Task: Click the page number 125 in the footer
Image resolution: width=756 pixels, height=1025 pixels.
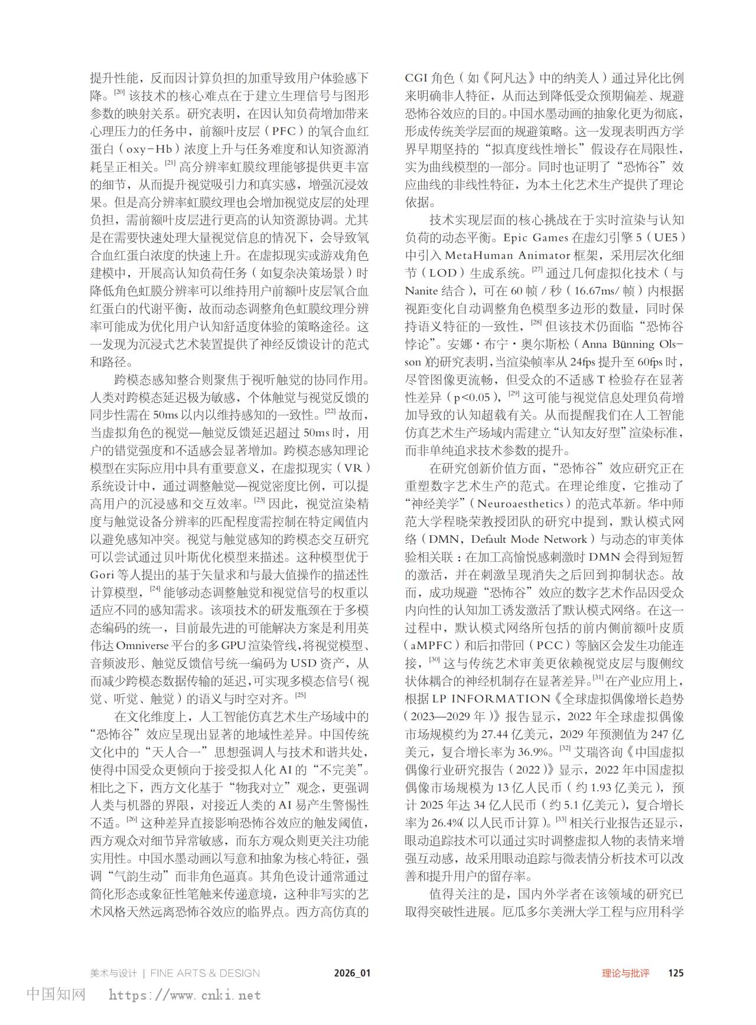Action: (x=676, y=973)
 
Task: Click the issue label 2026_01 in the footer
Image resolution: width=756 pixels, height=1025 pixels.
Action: (x=352, y=973)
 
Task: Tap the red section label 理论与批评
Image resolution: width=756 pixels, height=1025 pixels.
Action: (x=625, y=973)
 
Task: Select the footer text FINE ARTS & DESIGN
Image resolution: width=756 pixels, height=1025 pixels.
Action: (x=205, y=973)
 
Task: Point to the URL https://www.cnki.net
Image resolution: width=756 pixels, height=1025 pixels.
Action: (x=185, y=995)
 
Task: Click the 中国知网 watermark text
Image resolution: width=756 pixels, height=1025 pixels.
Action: (x=56, y=994)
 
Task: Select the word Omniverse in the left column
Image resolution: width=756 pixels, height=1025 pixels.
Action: (x=142, y=646)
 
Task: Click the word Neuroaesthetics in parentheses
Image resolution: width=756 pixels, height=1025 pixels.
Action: (x=520, y=504)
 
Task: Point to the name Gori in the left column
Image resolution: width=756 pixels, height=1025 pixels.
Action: (x=102, y=575)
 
